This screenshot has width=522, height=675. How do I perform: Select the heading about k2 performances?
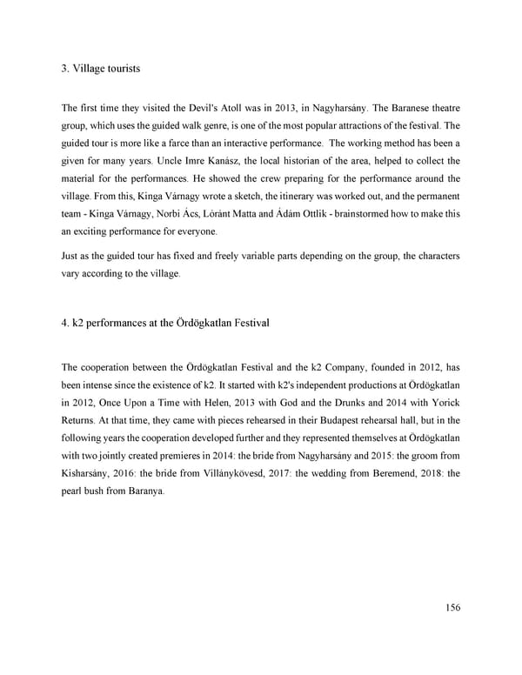pos(165,324)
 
